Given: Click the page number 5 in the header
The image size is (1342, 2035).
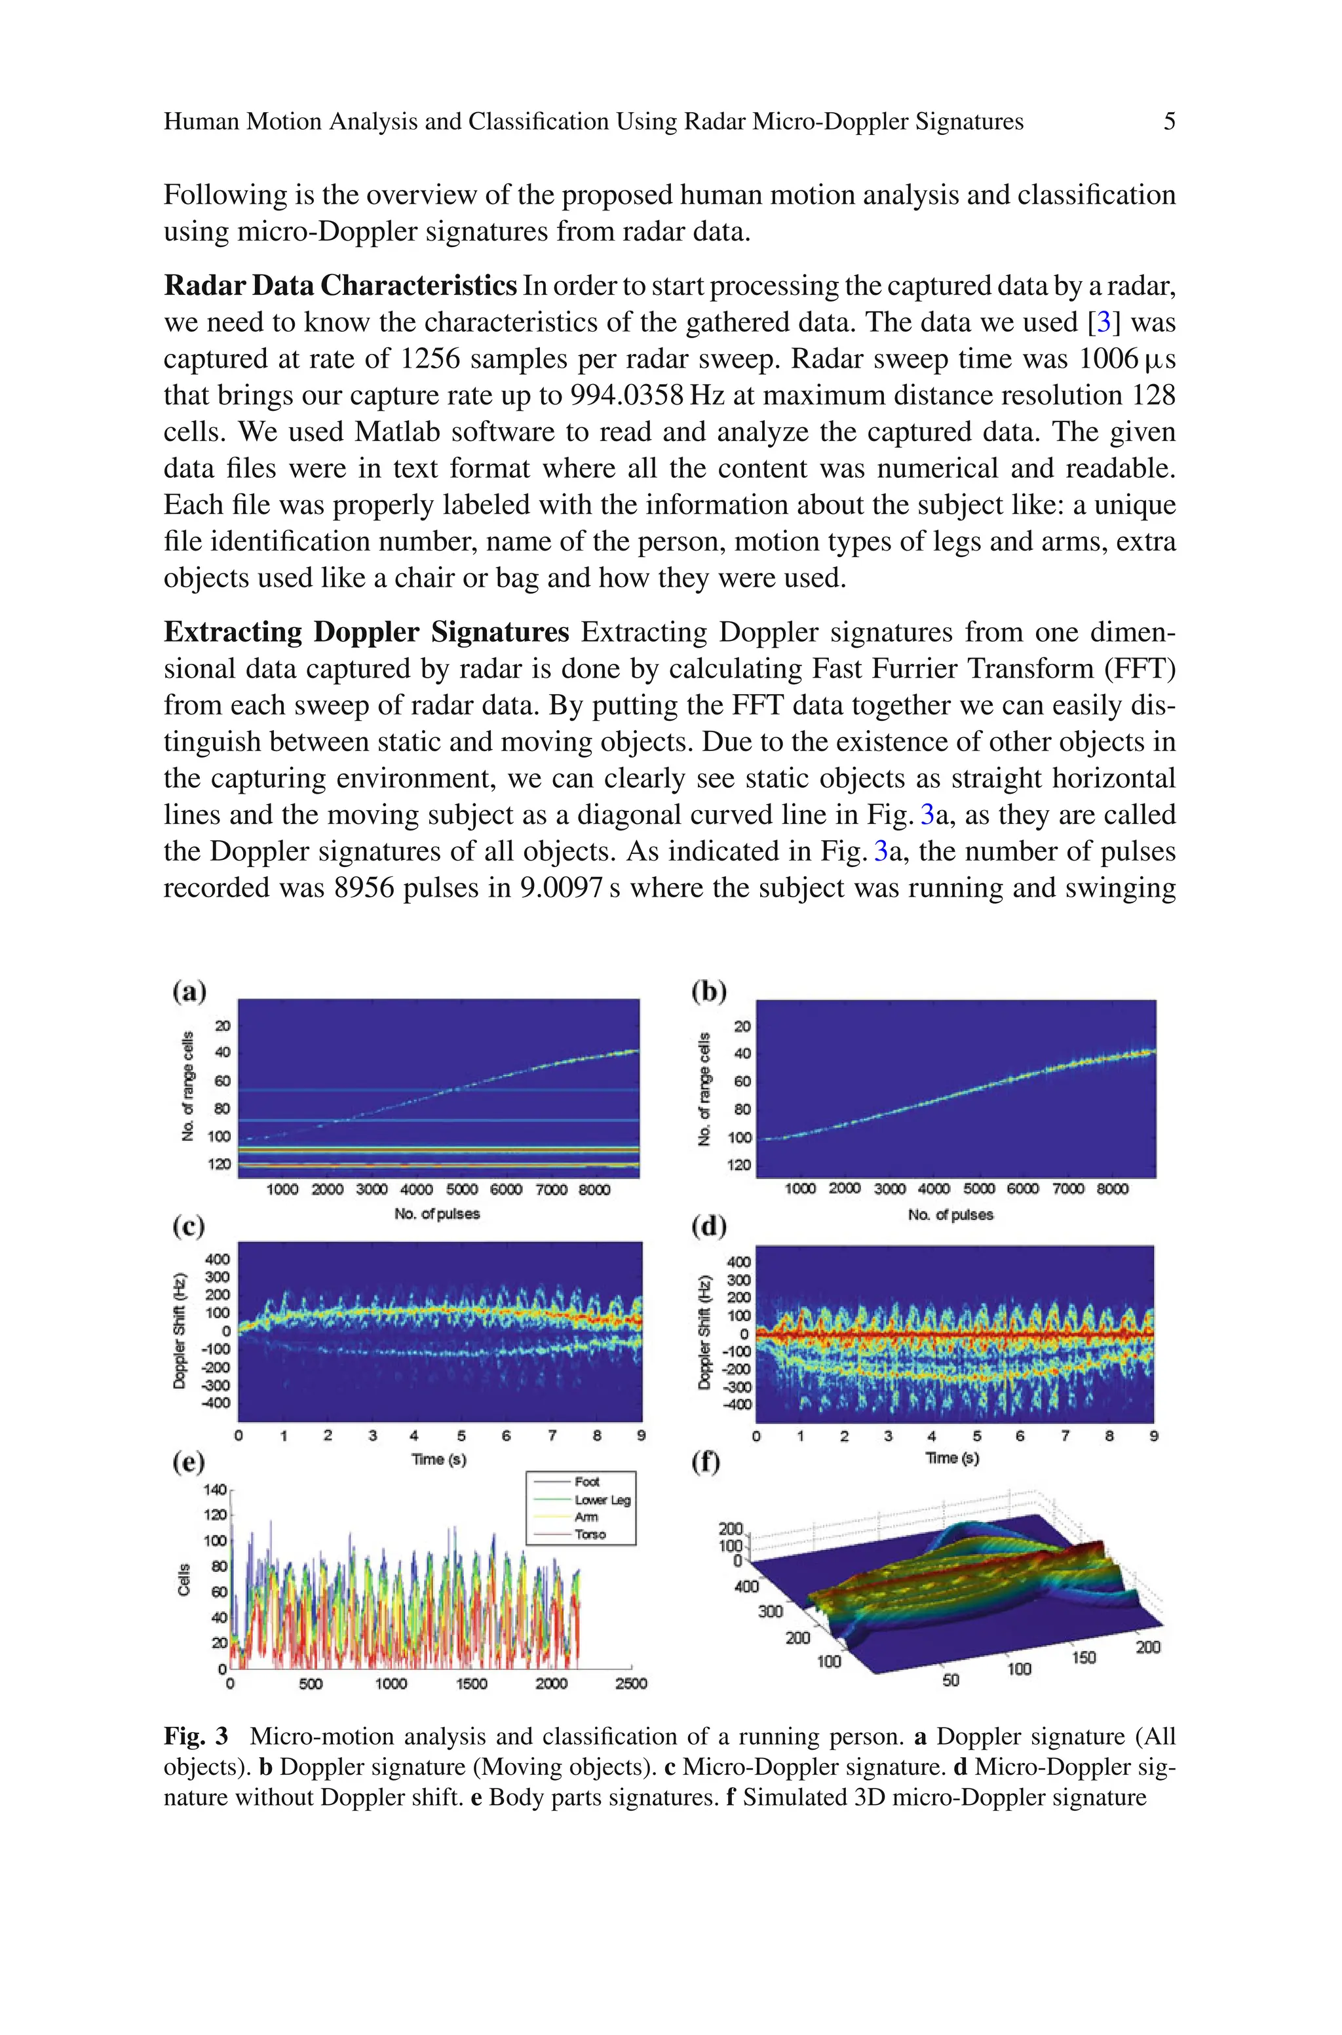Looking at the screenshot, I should tap(1168, 121).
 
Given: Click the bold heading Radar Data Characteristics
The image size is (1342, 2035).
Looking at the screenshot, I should tap(340, 285).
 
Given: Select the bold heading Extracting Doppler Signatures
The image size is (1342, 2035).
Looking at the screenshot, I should tap(366, 632).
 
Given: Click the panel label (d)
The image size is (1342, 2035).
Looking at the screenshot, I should tap(708, 1226).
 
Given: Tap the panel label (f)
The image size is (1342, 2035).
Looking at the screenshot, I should tap(706, 1462).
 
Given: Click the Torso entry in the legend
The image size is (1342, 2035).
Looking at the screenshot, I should tap(590, 1534).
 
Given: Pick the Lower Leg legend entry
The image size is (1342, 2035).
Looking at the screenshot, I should tap(602, 1500).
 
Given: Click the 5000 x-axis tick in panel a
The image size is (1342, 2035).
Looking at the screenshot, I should tap(461, 1190).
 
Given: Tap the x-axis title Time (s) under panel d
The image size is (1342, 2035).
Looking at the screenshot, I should tap(951, 1458).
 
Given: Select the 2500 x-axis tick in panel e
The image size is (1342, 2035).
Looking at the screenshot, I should tap(631, 1683).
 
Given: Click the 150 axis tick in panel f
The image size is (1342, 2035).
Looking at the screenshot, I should tap(1084, 1657).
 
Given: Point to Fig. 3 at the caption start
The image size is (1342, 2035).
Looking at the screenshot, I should tap(196, 1736).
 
